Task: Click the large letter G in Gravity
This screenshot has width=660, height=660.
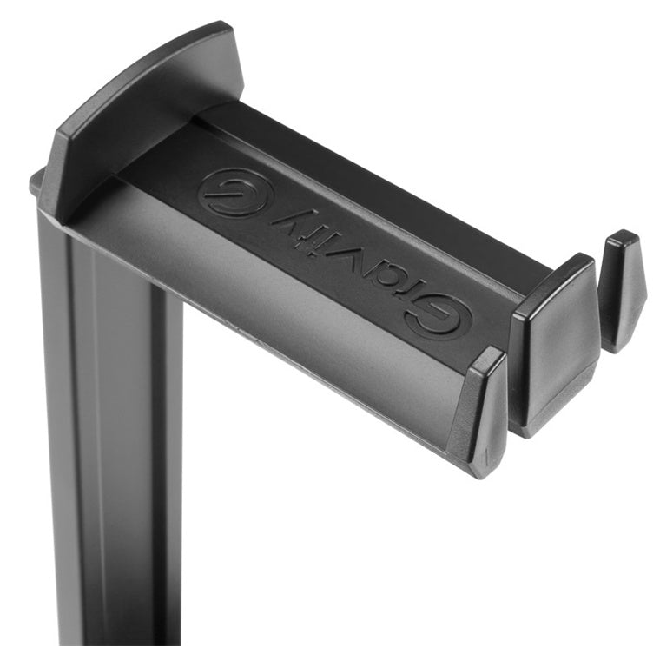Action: click(439, 316)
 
